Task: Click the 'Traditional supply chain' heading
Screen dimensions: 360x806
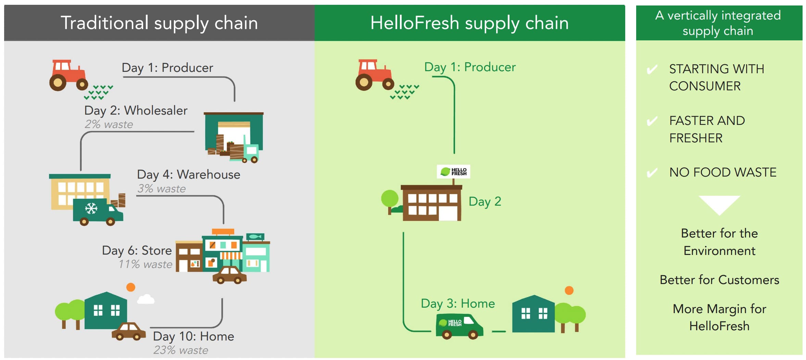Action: pos(159,23)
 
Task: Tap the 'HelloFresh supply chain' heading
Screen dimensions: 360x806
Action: pos(469,23)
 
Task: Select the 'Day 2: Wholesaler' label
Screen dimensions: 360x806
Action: pos(136,111)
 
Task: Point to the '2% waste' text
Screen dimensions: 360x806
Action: pos(109,124)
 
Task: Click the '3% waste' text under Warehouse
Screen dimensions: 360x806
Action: pos(161,189)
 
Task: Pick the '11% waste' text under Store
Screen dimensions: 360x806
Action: pos(145,264)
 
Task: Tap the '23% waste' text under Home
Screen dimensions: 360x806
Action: pos(180,350)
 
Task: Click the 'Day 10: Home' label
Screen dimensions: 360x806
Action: pos(193,336)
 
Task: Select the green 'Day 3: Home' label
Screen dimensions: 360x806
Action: pos(458,304)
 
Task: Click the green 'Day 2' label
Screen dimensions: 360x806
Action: pos(485,202)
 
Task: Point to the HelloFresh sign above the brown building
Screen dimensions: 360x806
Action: pos(453,171)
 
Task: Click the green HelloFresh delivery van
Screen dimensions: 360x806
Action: pos(459,326)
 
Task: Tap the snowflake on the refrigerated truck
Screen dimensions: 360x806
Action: pos(91,208)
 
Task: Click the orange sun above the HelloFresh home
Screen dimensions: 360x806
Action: pos(569,291)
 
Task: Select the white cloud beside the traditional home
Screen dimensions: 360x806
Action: pos(146,299)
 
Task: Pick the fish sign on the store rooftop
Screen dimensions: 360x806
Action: pos(255,236)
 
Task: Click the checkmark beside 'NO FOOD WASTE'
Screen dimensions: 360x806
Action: pos(652,172)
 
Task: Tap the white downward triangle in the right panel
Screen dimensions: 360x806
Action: pos(719,204)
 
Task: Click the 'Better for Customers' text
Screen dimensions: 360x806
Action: pos(719,280)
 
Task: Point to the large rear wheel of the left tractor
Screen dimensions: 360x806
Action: pos(58,82)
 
